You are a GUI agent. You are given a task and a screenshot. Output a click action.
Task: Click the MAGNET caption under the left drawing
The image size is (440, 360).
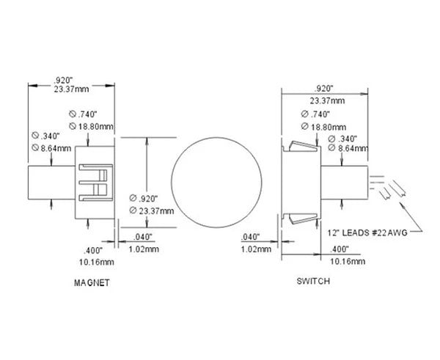pyautogui.click(x=92, y=282)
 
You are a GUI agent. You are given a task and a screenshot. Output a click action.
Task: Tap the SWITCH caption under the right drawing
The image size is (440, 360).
pyautogui.click(x=313, y=281)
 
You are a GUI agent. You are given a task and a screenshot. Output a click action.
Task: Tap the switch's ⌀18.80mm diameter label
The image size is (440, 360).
pyautogui.click(x=320, y=125)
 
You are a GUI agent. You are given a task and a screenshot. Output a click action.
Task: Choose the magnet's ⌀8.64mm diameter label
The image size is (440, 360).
pyautogui.click(x=48, y=148)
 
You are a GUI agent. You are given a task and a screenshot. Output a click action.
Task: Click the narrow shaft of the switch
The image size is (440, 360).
pyautogui.click(x=345, y=182)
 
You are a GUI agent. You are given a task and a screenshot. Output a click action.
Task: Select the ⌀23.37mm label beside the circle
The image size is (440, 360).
pyautogui.click(x=153, y=211)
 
